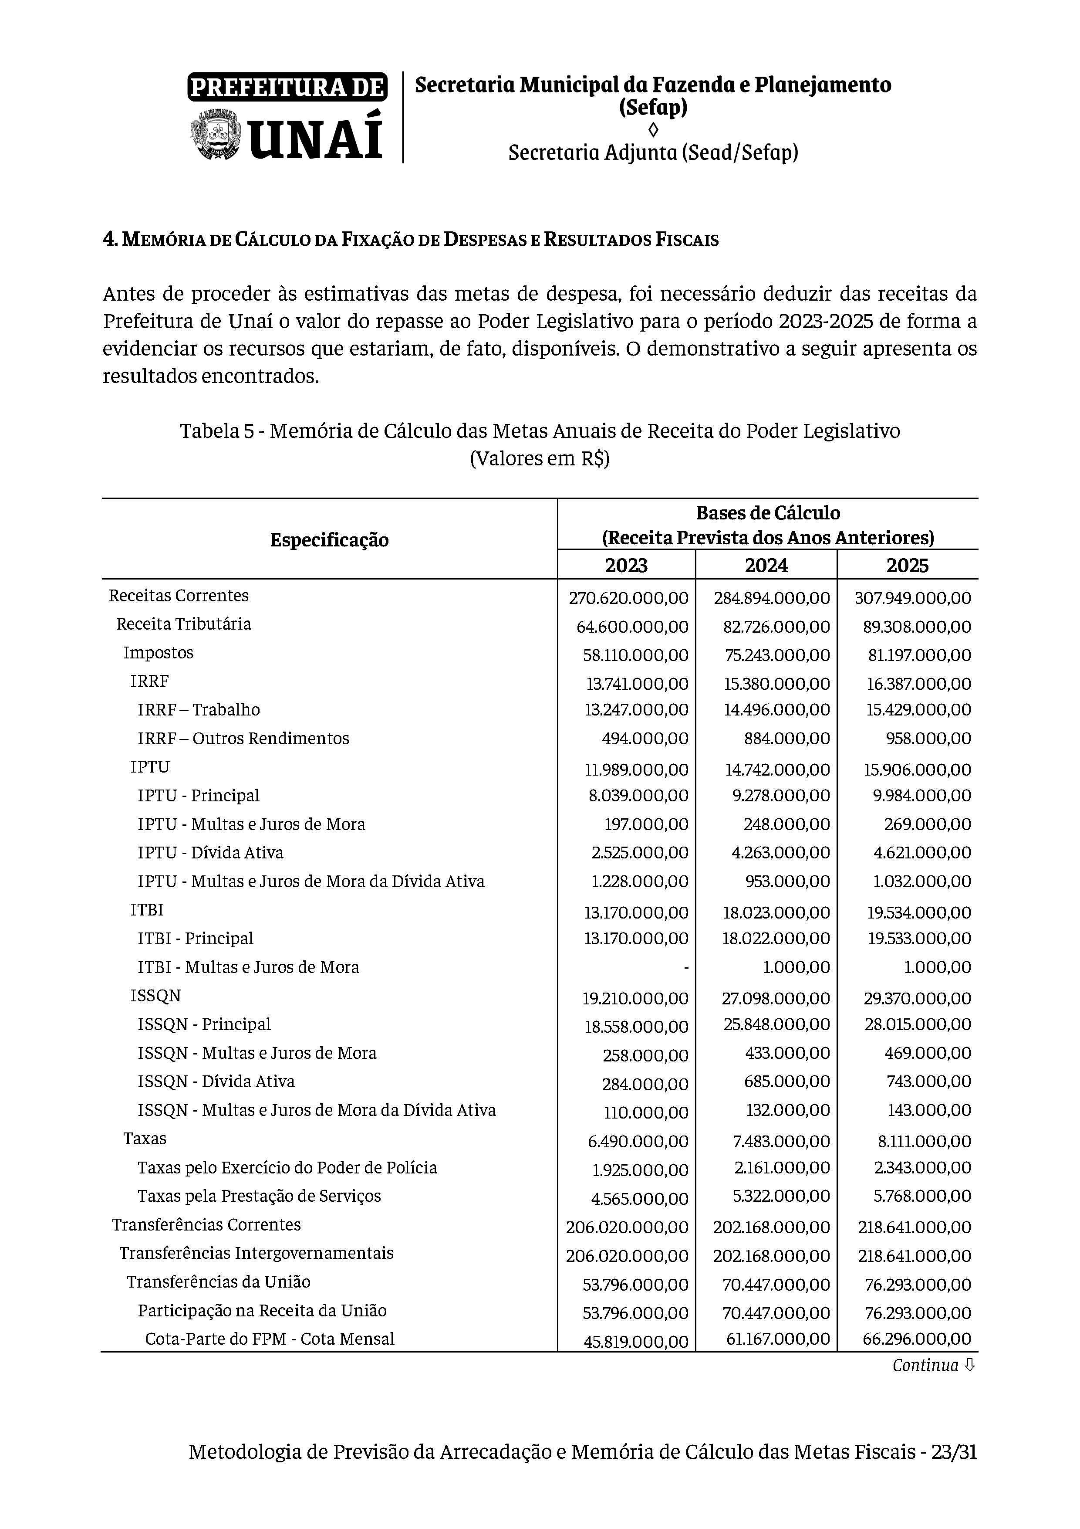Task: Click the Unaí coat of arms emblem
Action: point(214,136)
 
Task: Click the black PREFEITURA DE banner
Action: point(287,87)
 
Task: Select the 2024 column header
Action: point(766,566)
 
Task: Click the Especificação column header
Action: point(329,539)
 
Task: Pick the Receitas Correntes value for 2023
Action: point(628,598)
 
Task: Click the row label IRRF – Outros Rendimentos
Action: point(243,738)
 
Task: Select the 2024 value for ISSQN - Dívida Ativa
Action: point(786,1081)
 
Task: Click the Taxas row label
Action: point(145,1138)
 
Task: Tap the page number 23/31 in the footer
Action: point(954,1470)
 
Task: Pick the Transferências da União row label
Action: point(218,1281)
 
